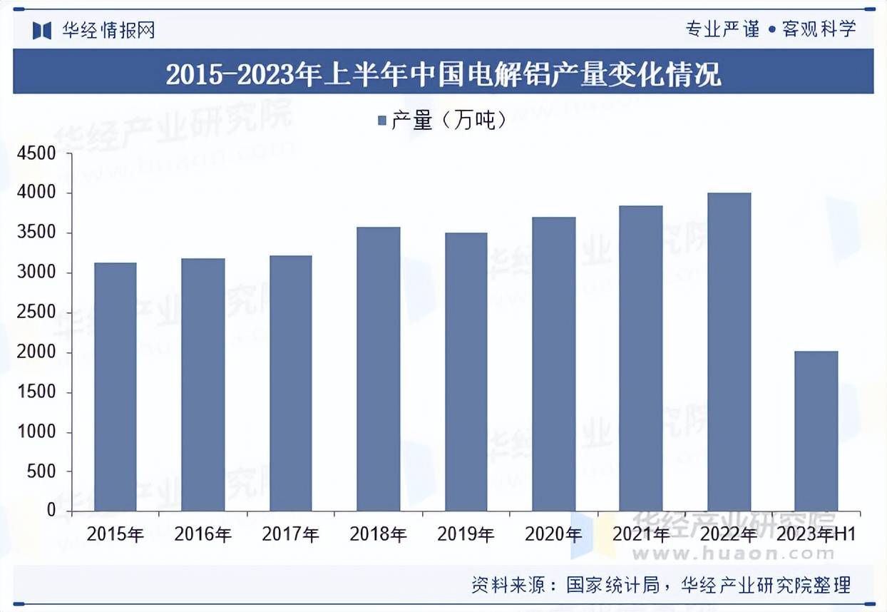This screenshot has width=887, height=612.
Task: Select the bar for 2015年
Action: click(x=115, y=387)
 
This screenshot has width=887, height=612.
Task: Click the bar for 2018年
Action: click(x=378, y=369)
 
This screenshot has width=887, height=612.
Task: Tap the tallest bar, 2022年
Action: click(x=729, y=352)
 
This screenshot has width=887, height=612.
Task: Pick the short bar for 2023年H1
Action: click(x=816, y=431)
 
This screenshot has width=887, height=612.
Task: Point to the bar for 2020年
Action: click(x=553, y=364)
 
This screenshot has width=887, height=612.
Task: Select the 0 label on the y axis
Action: click(x=51, y=511)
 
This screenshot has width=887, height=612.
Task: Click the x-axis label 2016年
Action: click(x=202, y=534)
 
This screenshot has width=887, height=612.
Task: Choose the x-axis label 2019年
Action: click(x=466, y=534)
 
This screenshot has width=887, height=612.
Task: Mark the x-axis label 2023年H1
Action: click(x=816, y=534)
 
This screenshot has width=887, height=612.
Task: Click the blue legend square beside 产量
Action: click(x=381, y=121)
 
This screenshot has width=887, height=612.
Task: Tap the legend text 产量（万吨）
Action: click(x=449, y=121)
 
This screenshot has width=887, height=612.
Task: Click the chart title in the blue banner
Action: click(x=443, y=73)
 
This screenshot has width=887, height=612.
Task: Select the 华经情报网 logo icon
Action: click(x=42, y=29)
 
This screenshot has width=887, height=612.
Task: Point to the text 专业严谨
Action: click(x=722, y=29)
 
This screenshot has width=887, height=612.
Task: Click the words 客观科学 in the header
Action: click(x=819, y=29)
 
